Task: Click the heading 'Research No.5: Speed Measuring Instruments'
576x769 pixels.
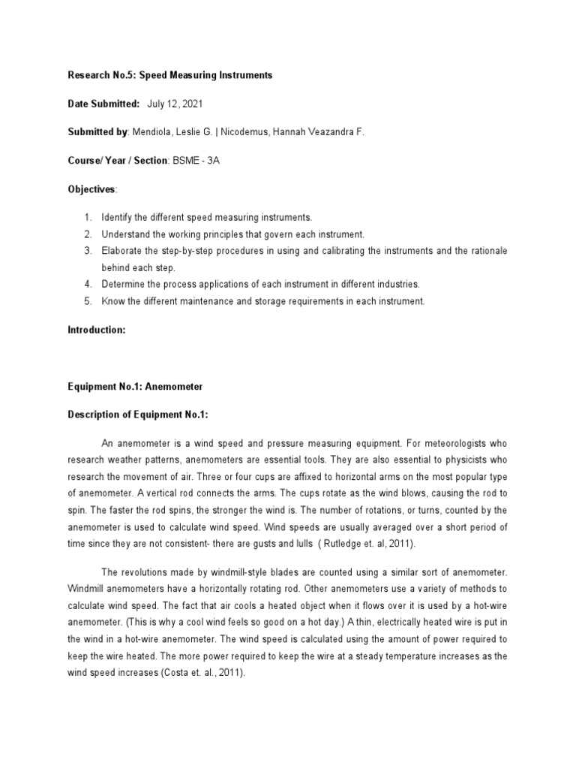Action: (170, 75)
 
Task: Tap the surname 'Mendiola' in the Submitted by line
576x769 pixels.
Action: (151, 132)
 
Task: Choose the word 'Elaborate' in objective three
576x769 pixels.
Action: (121, 250)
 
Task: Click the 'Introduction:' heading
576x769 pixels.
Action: (97, 330)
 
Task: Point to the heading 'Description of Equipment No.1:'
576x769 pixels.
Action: (138, 415)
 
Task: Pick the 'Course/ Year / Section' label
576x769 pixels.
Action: (117, 161)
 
